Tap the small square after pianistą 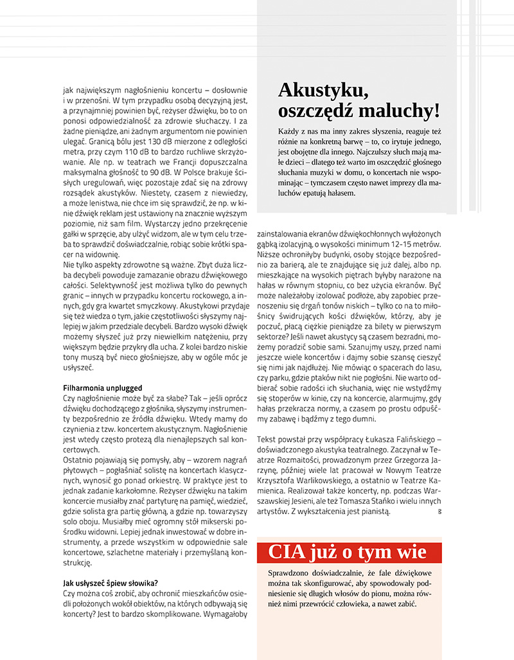coord(439,512)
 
